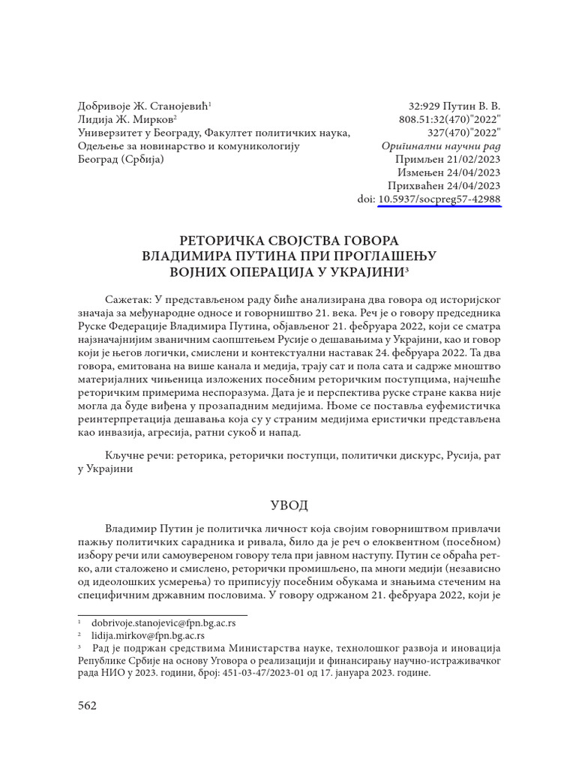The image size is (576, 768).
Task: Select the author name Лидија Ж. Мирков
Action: pos(126,119)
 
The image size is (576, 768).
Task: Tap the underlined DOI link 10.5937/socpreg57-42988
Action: pos(439,199)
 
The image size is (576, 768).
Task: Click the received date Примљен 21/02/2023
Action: pos(448,159)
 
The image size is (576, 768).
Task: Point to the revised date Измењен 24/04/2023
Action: pos(448,172)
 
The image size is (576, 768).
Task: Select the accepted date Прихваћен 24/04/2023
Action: pos(444,186)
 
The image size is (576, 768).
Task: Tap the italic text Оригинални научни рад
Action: pos(441,146)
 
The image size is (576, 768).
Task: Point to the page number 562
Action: pos(88,706)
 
